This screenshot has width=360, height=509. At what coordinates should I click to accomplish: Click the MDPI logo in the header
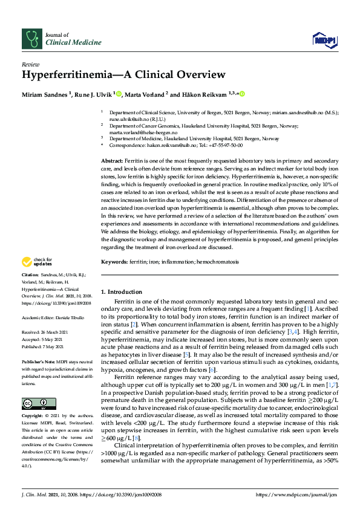[324, 40]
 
